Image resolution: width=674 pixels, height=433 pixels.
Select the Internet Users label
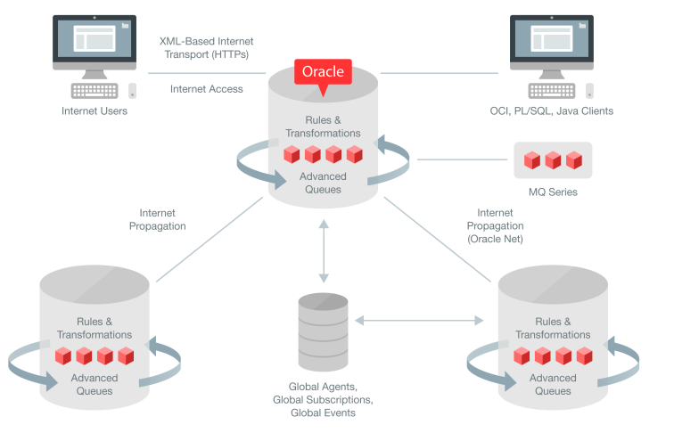coord(95,111)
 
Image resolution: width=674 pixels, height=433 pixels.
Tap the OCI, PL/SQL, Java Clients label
coord(551,111)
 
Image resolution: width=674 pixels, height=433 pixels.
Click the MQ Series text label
coord(552,192)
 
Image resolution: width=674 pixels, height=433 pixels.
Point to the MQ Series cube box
coord(552,160)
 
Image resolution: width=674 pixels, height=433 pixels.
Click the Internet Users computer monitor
coord(95,40)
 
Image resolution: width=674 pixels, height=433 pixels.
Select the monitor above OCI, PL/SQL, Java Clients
coord(552,40)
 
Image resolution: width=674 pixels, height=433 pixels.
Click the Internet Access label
coord(207,89)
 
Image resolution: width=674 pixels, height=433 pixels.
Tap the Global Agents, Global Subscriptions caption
coord(323,400)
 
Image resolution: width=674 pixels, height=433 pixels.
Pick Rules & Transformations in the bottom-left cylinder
coord(95,328)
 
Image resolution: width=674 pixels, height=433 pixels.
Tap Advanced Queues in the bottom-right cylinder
coord(553,384)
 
